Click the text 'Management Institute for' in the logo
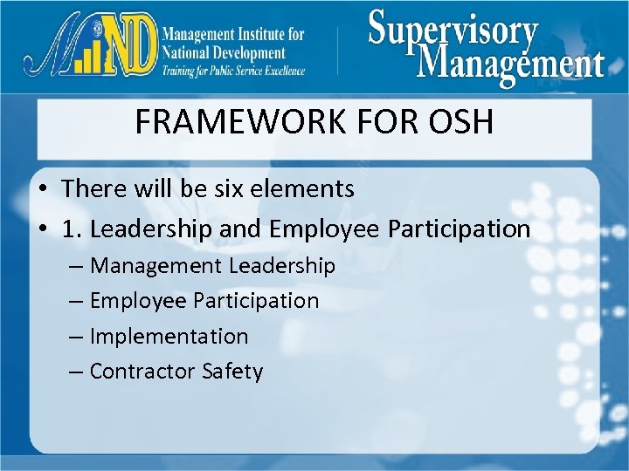(x=232, y=34)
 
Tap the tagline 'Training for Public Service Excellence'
(x=232, y=71)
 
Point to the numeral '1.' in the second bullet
(x=73, y=229)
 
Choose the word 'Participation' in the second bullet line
(x=460, y=229)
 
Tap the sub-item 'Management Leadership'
(x=211, y=265)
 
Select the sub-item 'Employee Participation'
(x=204, y=301)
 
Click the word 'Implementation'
(x=169, y=336)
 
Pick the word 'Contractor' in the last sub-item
(x=142, y=372)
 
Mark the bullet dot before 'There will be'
(x=42, y=189)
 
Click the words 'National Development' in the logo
(x=222, y=52)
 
